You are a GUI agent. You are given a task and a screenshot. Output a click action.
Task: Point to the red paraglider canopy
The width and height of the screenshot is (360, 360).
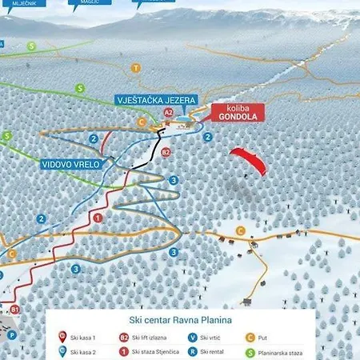pyautogui.click(x=249, y=160)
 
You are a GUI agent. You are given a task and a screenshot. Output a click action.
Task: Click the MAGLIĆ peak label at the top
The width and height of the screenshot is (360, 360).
pyautogui.click(x=88, y=3)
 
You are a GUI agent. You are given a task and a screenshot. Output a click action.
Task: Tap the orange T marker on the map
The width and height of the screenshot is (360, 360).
pyautogui.click(x=136, y=68)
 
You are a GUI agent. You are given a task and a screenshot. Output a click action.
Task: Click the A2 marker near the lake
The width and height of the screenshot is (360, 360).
pyautogui.click(x=168, y=113)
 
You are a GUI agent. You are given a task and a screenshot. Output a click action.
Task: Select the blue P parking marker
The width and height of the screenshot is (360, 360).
pyautogui.click(x=12, y=335)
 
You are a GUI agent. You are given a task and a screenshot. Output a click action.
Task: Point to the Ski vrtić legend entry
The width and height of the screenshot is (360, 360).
pyautogui.click(x=209, y=338)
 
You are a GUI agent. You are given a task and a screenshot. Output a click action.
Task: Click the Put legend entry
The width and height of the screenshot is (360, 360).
pyautogui.click(x=265, y=338)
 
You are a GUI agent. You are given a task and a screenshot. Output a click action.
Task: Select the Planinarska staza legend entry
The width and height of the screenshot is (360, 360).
pyautogui.click(x=284, y=352)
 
